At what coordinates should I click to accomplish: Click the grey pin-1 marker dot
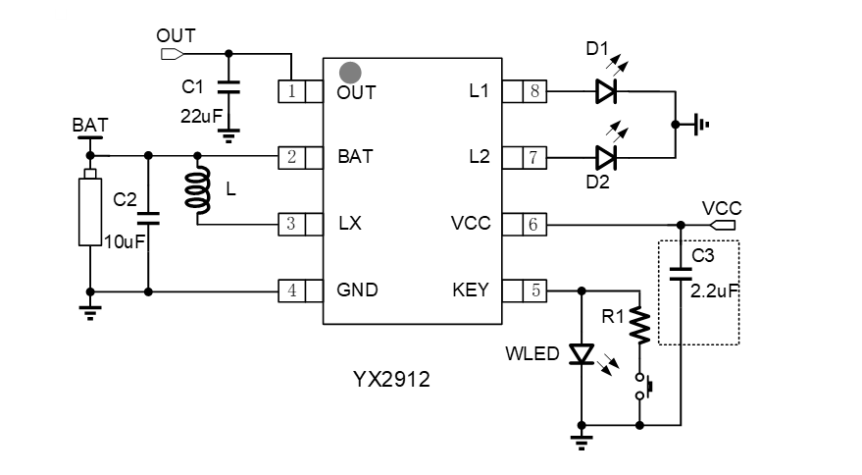coord(350,72)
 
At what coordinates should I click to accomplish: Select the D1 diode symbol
coord(605,92)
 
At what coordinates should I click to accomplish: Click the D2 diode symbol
coord(605,156)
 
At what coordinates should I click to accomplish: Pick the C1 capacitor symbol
coord(228,89)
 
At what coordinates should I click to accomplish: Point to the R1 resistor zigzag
coord(640,326)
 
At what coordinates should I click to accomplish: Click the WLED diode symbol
coord(583,354)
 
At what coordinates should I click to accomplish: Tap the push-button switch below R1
coord(642,387)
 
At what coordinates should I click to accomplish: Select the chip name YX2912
coord(392,378)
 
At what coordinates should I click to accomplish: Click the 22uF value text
coord(200,115)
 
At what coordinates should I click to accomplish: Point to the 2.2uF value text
coord(714,290)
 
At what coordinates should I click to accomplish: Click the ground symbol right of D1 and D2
coord(697,125)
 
